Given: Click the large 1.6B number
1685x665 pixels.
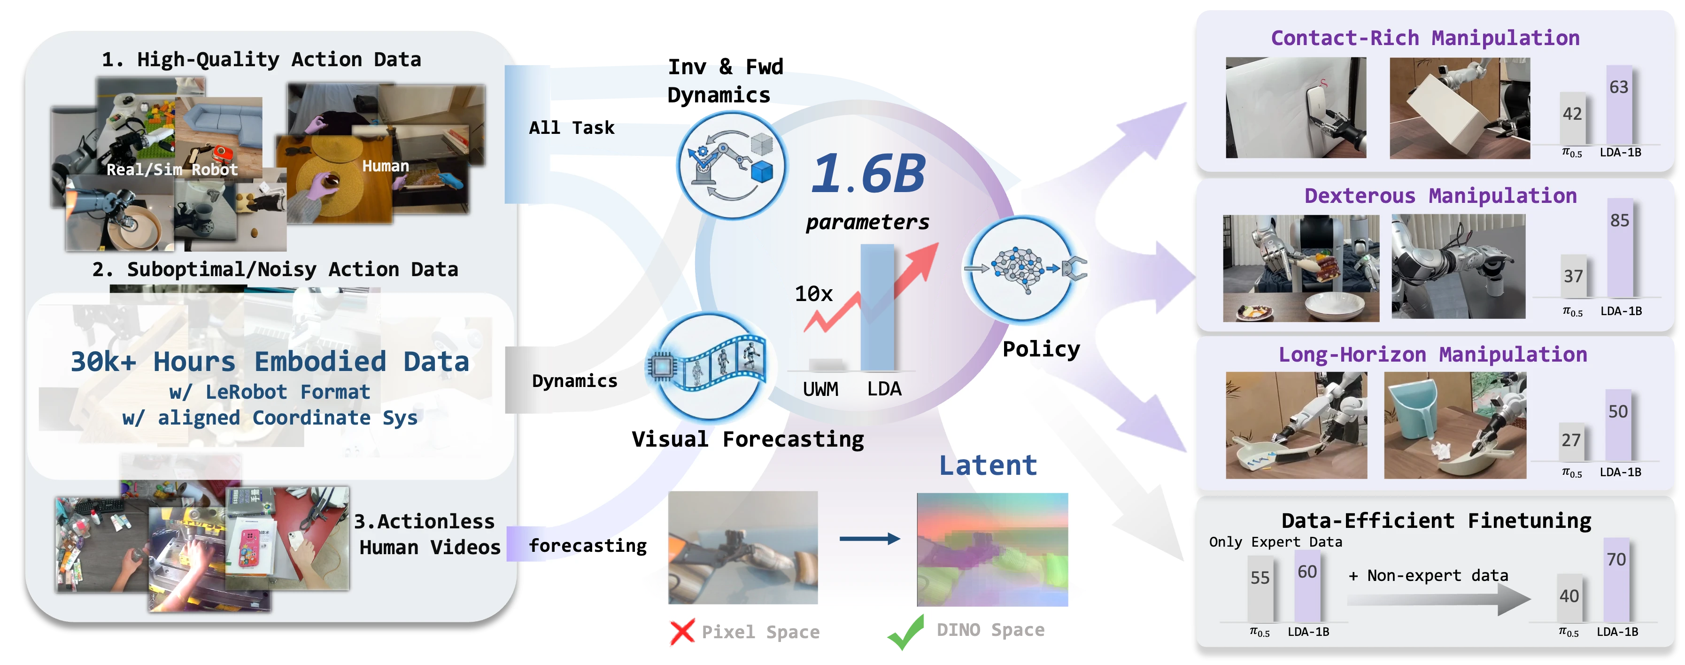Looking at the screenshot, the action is click(x=868, y=173).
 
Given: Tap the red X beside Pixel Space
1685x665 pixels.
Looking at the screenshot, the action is click(x=682, y=632).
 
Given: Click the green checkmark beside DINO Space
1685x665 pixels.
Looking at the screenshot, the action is click(x=906, y=632).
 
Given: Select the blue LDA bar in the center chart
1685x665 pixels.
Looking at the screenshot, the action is click(x=877, y=307).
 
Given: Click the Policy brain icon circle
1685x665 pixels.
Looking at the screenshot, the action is click(x=1022, y=269).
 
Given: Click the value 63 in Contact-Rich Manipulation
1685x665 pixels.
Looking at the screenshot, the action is click(x=1619, y=87).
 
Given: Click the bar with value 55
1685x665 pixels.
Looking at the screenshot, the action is click(x=1260, y=588).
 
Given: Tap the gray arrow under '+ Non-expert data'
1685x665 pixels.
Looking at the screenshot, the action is click(x=1439, y=599).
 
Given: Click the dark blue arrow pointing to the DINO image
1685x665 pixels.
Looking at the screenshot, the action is click(x=869, y=539).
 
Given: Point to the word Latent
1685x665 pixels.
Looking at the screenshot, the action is click(x=988, y=465).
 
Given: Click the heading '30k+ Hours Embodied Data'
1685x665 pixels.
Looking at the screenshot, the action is click(x=270, y=362).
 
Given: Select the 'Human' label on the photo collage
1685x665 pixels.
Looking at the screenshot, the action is click(x=385, y=166).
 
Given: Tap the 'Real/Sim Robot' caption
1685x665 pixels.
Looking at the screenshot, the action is click(x=172, y=170).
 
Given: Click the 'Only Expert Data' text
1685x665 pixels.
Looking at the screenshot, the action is click(x=1275, y=541).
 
